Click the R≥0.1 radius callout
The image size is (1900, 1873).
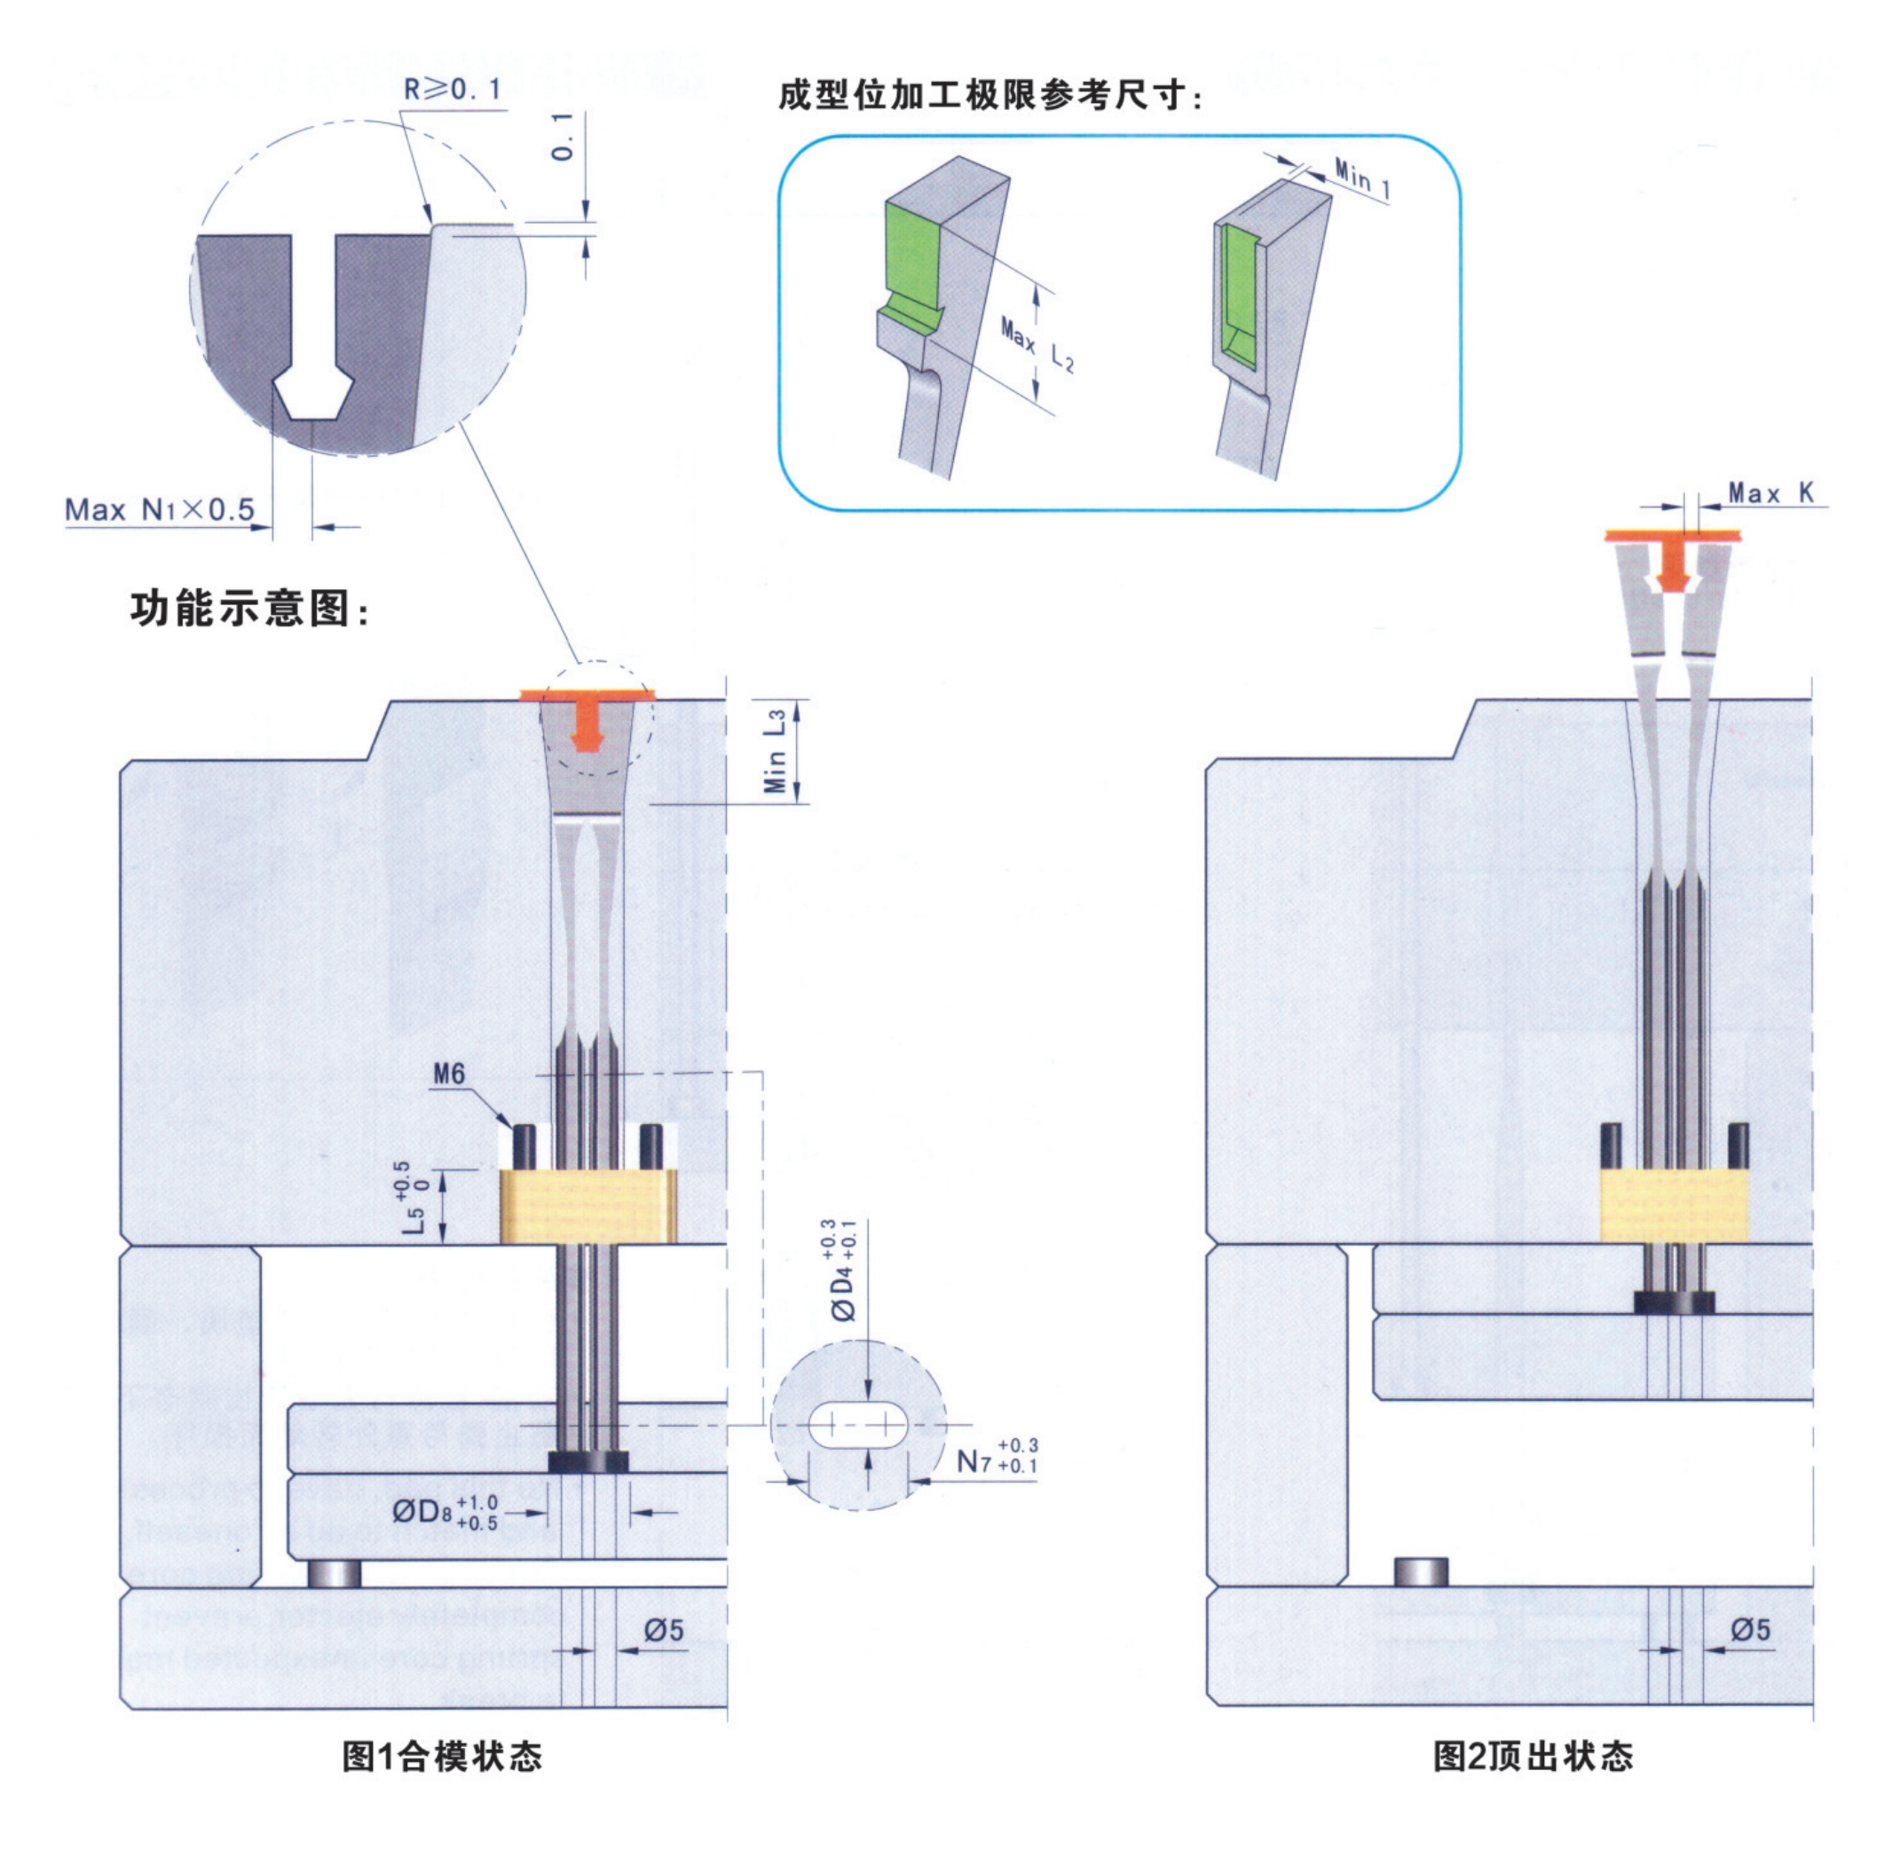(453, 91)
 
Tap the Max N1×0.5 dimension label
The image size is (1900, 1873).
(160, 509)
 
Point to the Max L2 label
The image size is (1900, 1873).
(1037, 345)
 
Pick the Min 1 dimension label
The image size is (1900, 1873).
(1362, 179)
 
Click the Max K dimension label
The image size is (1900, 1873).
(1770, 492)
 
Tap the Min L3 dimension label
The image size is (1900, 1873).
(777, 752)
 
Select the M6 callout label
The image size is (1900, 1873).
(449, 1074)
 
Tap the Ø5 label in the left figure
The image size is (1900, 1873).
(664, 1631)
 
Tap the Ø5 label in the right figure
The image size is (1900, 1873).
(1751, 1630)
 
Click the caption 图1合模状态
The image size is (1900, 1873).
(442, 1756)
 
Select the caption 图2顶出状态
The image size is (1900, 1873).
(1533, 1756)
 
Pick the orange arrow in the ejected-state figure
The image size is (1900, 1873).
(1671, 570)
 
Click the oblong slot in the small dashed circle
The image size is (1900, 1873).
(858, 1425)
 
